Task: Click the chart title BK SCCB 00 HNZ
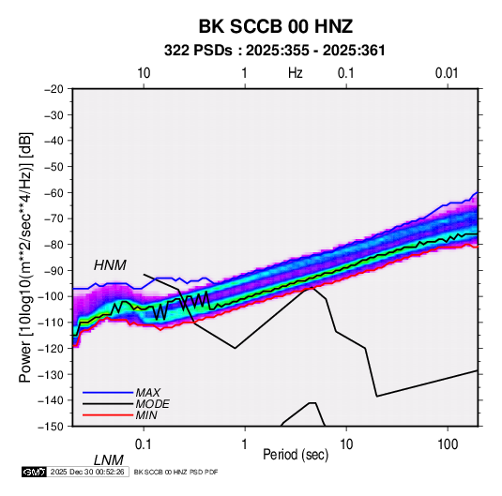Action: point(276,26)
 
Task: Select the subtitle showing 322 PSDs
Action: point(274,51)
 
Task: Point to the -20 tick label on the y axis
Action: point(53,89)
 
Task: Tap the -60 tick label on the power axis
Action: point(53,192)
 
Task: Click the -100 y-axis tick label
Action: point(51,296)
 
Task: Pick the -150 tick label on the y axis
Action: point(51,427)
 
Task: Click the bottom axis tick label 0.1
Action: point(144,444)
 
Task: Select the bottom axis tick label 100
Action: point(448,444)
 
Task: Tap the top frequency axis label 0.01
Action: point(447,73)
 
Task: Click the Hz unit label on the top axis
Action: point(296,73)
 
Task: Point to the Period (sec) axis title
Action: point(296,455)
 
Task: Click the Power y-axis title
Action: point(25,257)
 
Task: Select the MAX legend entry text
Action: point(148,393)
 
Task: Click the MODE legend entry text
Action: point(152,404)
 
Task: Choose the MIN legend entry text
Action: point(146,415)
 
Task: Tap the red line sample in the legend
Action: point(108,415)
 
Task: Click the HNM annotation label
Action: point(110,265)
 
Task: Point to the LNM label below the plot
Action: point(108,460)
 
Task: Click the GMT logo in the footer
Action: point(35,472)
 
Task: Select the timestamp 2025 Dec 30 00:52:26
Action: point(87,472)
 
